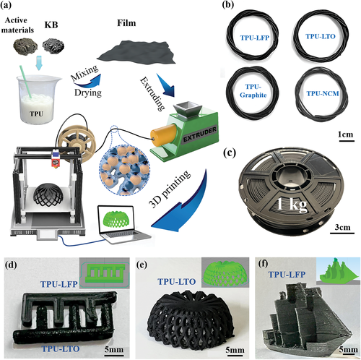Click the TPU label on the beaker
click(x=36, y=113)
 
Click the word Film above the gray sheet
click(x=126, y=23)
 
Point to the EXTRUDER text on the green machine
click(x=199, y=134)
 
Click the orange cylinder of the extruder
click(x=164, y=135)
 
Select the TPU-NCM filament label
click(x=323, y=93)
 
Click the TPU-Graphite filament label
click(x=253, y=90)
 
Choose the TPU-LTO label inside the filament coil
click(x=321, y=36)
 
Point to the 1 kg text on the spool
click(x=292, y=205)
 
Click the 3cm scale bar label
click(x=342, y=227)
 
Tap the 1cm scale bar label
click(x=345, y=134)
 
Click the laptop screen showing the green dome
click(x=116, y=220)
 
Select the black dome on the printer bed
click(x=48, y=194)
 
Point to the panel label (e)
click(x=142, y=265)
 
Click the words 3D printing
click(x=170, y=189)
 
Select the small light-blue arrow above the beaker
click(x=38, y=63)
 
